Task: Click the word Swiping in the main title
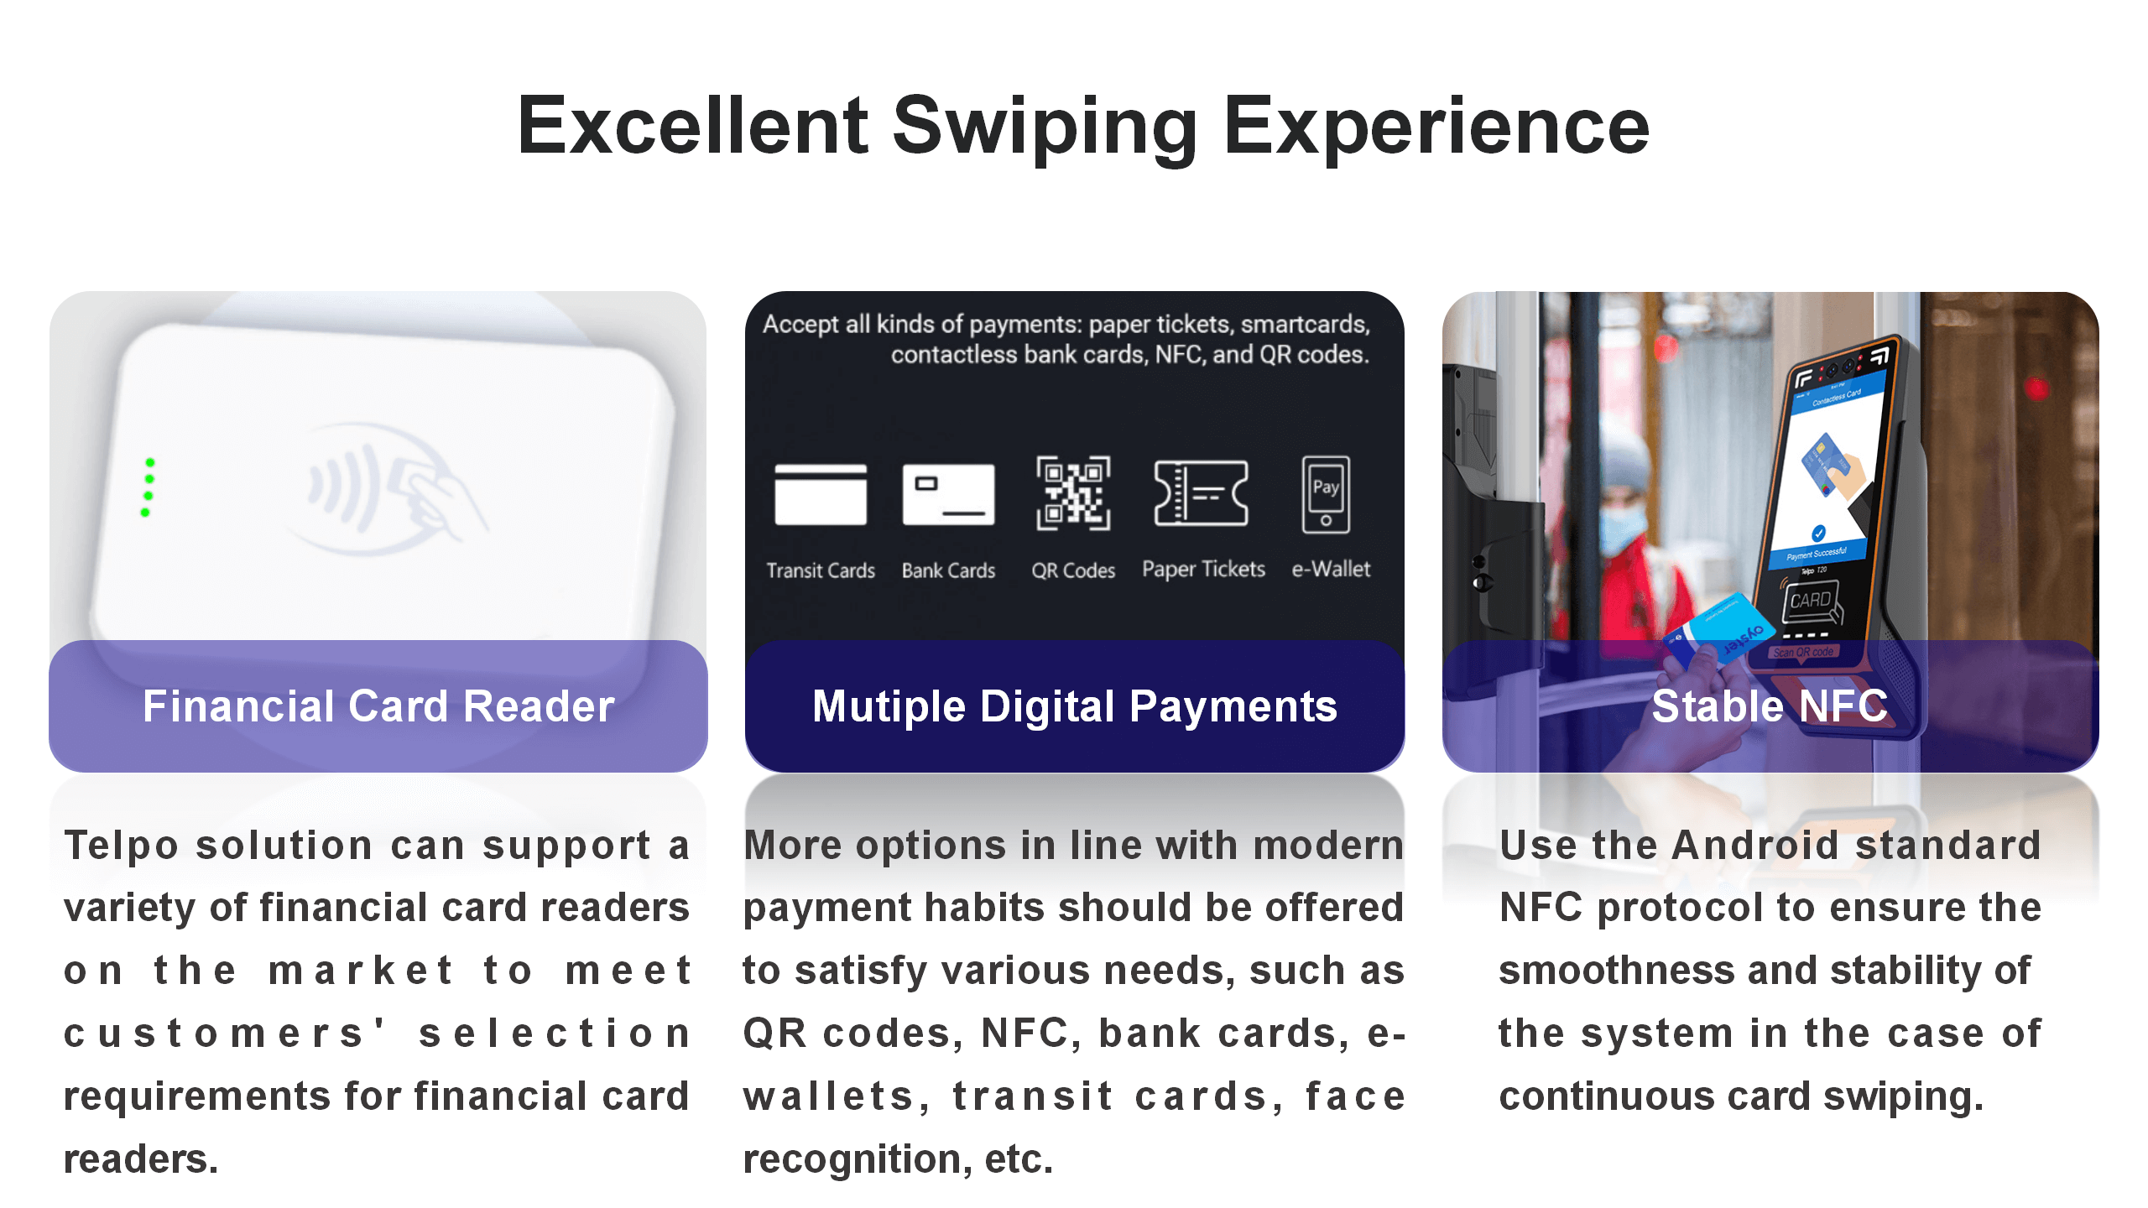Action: click(x=1045, y=128)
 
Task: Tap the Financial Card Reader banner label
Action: click(x=378, y=706)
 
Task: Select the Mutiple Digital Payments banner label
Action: click(x=1075, y=706)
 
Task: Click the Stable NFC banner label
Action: click(x=1770, y=706)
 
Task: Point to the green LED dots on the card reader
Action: click(x=148, y=487)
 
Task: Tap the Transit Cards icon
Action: click(x=821, y=494)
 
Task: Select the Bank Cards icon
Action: click(x=948, y=494)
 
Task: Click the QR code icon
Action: click(x=1073, y=493)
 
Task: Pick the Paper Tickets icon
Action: click(x=1201, y=493)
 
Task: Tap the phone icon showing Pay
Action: click(x=1326, y=494)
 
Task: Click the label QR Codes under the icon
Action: click(x=1073, y=570)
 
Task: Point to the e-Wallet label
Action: click(x=1331, y=569)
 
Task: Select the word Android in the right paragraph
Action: click(x=1754, y=845)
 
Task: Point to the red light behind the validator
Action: click(x=2036, y=388)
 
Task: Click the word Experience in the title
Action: click(x=1436, y=128)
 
